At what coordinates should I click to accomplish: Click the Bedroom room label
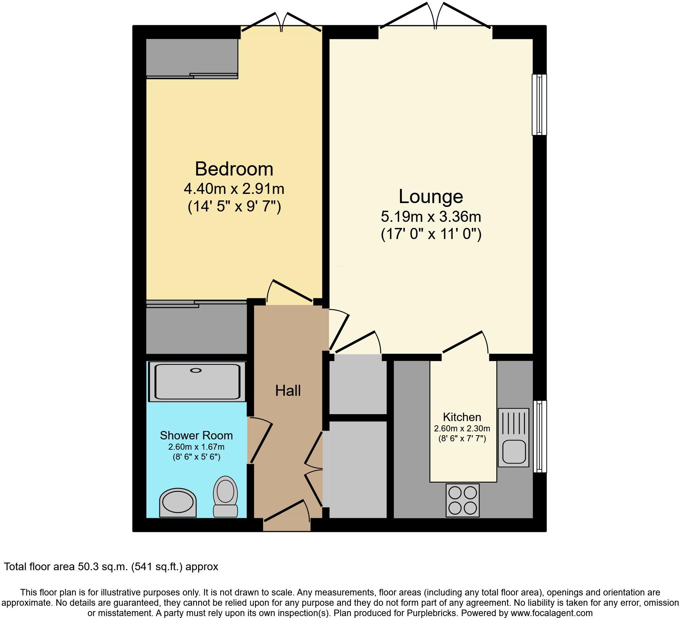pyautogui.click(x=234, y=169)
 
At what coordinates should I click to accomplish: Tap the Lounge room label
pyautogui.click(x=431, y=197)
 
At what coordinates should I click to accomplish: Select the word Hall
pyautogui.click(x=288, y=391)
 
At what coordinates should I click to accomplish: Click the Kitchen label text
pyautogui.click(x=462, y=417)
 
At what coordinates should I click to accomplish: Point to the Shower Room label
pyautogui.click(x=196, y=436)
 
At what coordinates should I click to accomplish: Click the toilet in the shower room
pyautogui.click(x=226, y=496)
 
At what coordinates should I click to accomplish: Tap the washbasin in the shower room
pyautogui.click(x=178, y=502)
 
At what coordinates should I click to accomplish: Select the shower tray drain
pyautogui.click(x=196, y=370)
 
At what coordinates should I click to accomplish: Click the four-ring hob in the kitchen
pyautogui.click(x=463, y=500)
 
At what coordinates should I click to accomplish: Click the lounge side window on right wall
pyautogui.click(x=539, y=104)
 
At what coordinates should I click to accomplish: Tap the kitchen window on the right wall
pyautogui.click(x=539, y=436)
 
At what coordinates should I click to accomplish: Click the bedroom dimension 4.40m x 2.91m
pyautogui.click(x=234, y=189)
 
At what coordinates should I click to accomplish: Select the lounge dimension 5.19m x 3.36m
pyautogui.click(x=431, y=217)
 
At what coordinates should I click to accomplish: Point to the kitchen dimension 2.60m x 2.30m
pyautogui.click(x=462, y=429)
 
